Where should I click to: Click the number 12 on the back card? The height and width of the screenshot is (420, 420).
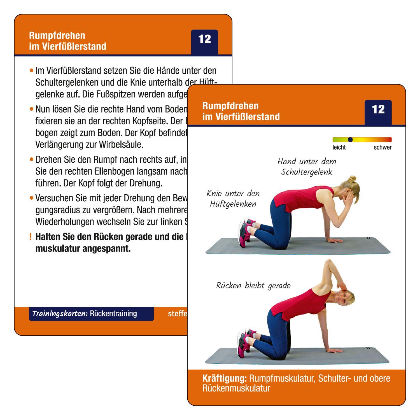tap(204, 39)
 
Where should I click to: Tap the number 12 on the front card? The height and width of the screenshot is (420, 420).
tap(378, 109)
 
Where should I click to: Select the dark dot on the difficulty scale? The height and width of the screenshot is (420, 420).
tap(350, 139)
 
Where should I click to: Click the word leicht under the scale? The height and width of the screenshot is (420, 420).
tap(339, 148)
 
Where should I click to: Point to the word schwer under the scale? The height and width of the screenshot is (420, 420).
tap(382, 148)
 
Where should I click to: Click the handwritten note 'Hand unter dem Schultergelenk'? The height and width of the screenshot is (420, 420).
tap(307, 167)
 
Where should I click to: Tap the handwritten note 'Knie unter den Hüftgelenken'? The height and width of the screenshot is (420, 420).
tap(233, 199)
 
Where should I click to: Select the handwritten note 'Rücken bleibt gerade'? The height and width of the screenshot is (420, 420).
tap(253, 286)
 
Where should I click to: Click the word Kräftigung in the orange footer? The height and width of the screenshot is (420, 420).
tap(224, 378)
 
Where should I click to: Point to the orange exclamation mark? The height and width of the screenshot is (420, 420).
tap(30, 237)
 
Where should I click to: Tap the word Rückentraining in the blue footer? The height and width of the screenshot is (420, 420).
tap(113, 314)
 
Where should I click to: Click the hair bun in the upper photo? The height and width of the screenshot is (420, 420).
tap(353, 178)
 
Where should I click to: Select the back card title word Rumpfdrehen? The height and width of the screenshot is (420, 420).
tap(57, 36)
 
